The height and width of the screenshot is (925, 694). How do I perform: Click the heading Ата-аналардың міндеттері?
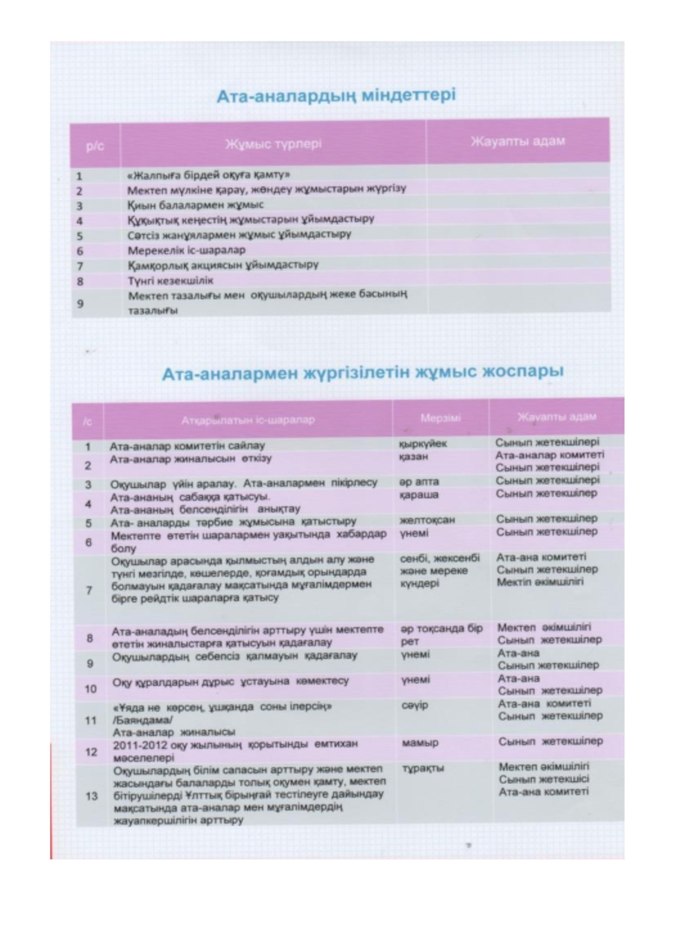(x=336, y=94)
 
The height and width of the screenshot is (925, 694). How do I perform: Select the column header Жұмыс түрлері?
(x=273, y=142)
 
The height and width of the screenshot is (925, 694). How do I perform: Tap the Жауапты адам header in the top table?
(x=517, y=141)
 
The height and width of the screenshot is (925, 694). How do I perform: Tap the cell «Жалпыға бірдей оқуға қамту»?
(x=208, y=174)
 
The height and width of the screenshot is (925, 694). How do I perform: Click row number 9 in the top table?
(x=79, y=303)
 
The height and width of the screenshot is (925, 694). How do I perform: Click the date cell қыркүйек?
(x=422, y=443)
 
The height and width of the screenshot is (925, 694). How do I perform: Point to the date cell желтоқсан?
(x=427, y=519)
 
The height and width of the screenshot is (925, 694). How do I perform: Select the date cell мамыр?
(x=421, y=744)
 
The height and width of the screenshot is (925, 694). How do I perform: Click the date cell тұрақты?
(x=422, y=768)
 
